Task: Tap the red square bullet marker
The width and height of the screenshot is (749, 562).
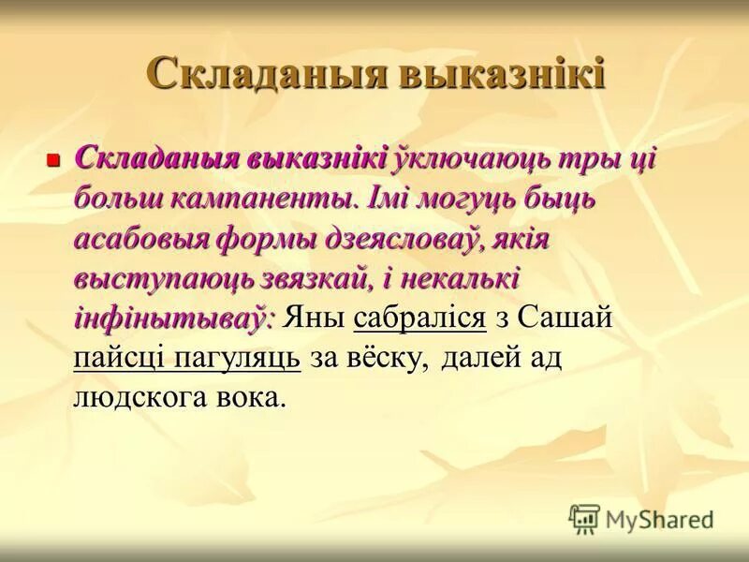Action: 53,160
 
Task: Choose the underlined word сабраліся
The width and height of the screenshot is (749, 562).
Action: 420,318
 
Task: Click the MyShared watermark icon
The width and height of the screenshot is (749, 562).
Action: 584,518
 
